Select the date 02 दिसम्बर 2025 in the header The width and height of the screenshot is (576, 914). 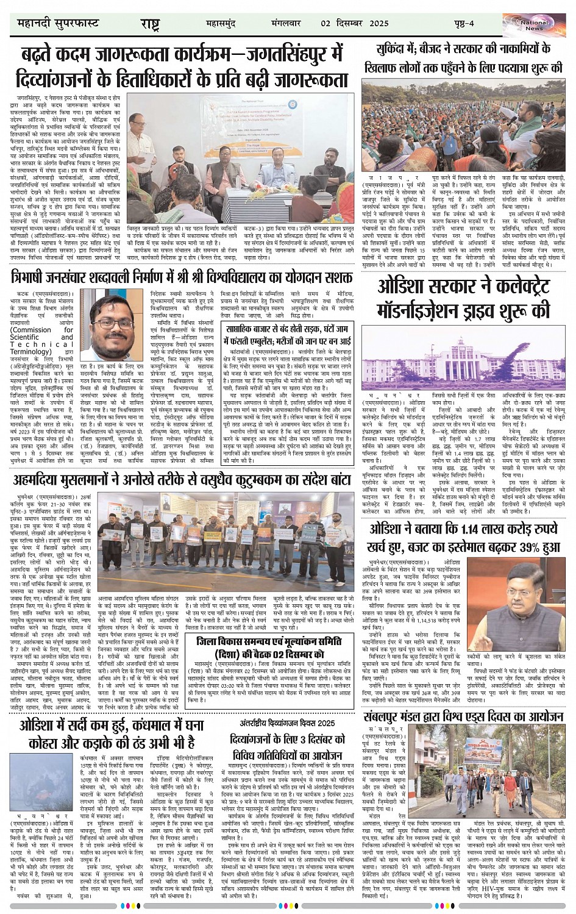point(355,23)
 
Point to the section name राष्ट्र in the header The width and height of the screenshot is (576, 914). point(149,24)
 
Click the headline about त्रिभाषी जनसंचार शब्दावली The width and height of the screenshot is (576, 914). point(182,277)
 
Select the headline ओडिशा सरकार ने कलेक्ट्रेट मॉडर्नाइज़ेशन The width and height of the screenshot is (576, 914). point(463,299)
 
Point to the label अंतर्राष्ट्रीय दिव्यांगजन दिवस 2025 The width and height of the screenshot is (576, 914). point(287,723)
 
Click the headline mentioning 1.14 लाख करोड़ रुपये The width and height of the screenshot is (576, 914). point(463,538)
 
